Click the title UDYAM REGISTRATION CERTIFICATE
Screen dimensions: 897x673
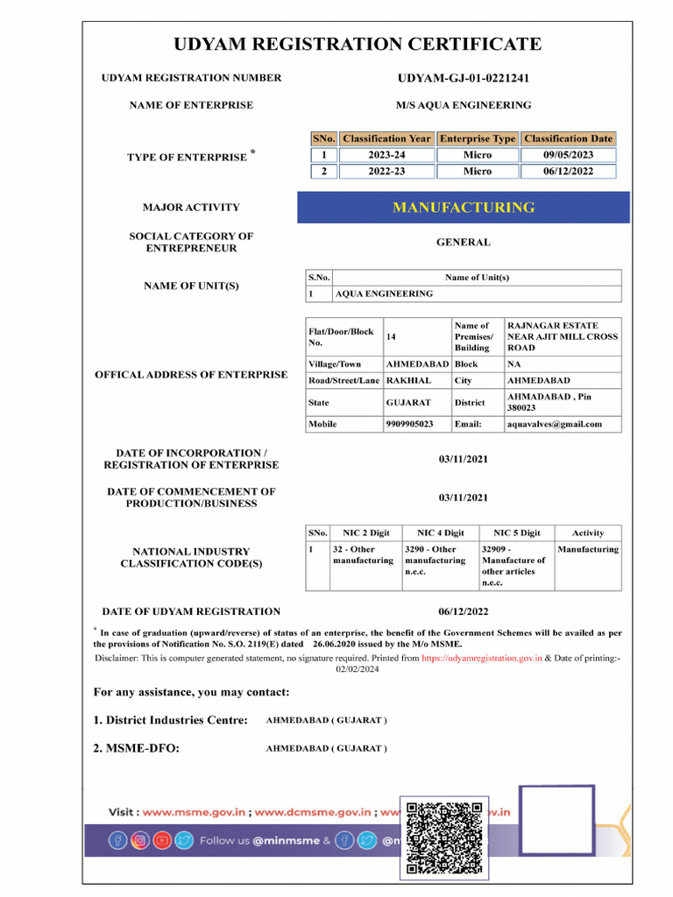coord(357,45)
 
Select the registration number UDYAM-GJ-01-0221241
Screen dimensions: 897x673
coord(463,78)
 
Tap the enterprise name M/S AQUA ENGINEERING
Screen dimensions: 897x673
coord(463,105)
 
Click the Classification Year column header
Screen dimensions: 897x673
coord(386,138)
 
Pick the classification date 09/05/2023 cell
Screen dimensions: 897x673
coord(568,155)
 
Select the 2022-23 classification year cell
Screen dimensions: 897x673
coord(386,172)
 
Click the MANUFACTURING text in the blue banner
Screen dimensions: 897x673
coord(463,208)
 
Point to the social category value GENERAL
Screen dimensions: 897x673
coord(463,243)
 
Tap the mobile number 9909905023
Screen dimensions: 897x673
coord(409,424)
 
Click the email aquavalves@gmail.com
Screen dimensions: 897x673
coord(555,424)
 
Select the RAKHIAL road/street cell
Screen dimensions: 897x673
coord(408,381)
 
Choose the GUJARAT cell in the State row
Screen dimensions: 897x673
coord(408,403)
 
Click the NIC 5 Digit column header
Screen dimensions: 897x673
coord(516,533)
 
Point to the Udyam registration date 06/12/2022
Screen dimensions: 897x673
coord(463,611)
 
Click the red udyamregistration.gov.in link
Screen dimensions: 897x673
coord(481,657)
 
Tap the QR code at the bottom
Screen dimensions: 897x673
coord(444,838)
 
